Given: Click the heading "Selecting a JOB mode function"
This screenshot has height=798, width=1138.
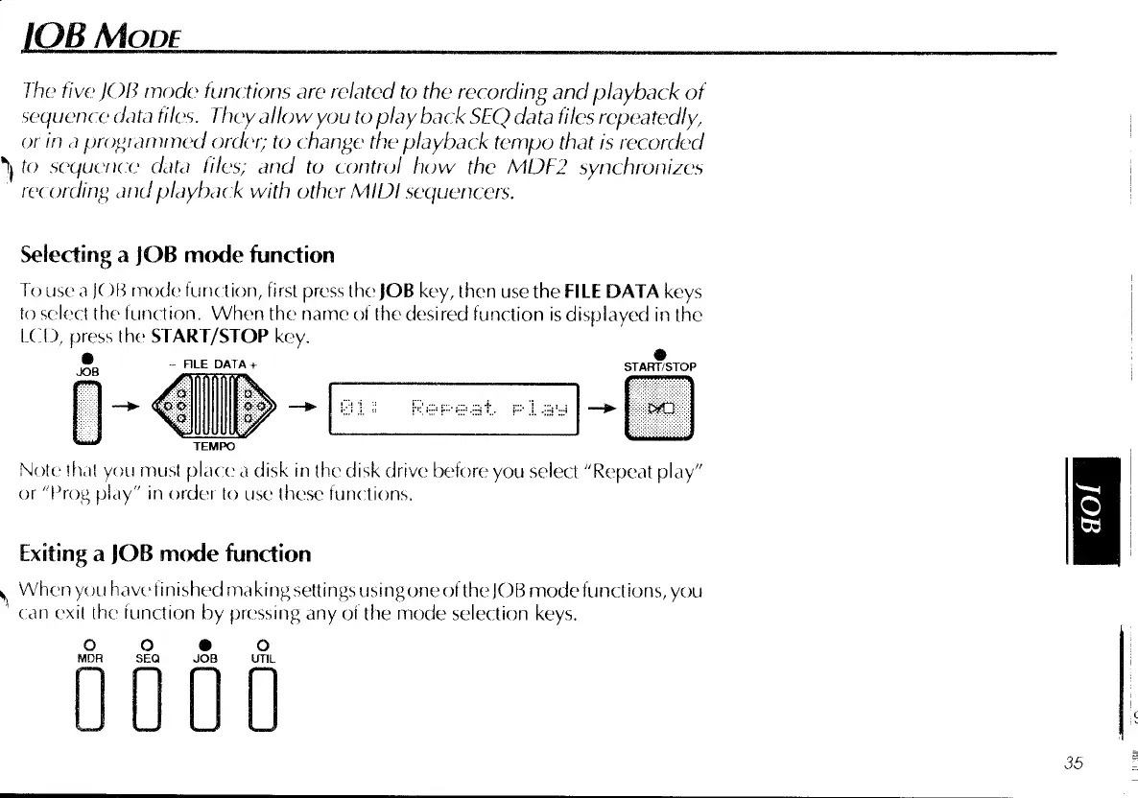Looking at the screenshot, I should [x=178, y=254].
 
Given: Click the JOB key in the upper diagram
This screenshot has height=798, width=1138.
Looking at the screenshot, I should [x=87, y=412].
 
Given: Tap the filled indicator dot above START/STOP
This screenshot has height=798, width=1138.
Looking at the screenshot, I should [x=660, y=353].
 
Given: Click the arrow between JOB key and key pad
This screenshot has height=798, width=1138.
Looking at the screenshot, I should [x=124, y=408].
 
